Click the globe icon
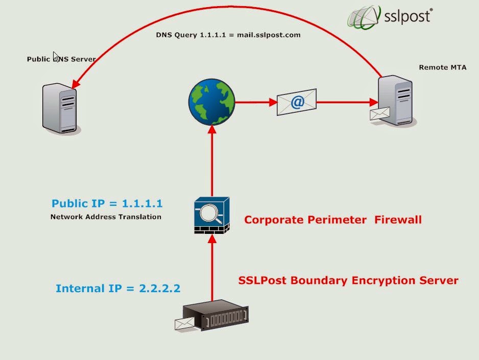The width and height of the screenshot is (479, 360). (x=212, y=102)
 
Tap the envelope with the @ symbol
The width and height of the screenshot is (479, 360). (x=297, y=102)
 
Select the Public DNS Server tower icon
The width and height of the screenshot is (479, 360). (x=60, y=108)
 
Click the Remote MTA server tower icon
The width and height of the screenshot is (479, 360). (x=396, y=101)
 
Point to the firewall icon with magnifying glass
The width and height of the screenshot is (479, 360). (x=212, y=215)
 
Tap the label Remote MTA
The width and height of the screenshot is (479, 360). (x=443, y=67)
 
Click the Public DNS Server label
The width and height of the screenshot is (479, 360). (x=61, y=59)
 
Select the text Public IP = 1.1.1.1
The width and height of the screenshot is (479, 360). (x=107, y=203)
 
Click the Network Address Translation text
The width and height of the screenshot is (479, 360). (x=106, y=217)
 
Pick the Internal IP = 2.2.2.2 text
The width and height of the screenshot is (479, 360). (x=118, y=288)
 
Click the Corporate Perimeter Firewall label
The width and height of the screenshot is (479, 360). (x=333, y=220)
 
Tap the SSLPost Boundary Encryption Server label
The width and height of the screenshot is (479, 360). (x=348, y=280)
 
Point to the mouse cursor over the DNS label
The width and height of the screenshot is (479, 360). (x=56, y=57)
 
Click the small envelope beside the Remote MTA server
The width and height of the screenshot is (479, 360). (x=380, y=113)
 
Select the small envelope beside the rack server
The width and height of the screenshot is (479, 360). (x=184, y=324)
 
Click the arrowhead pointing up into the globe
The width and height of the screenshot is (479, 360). (x=212, y=129)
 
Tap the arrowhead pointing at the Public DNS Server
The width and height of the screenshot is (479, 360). (x=76, y=84)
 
